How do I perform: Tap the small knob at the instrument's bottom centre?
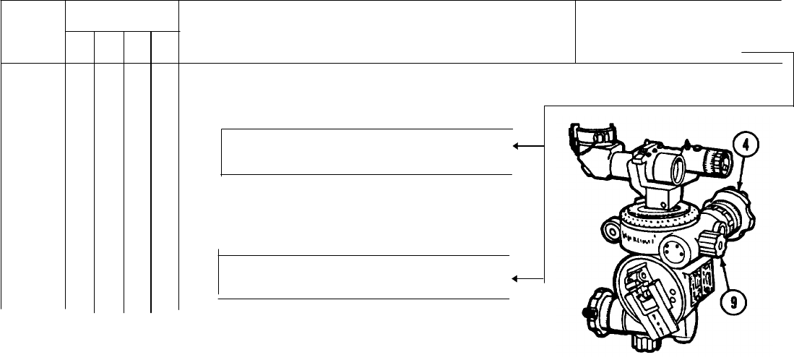point(645,340)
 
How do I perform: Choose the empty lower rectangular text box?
point(365,276)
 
